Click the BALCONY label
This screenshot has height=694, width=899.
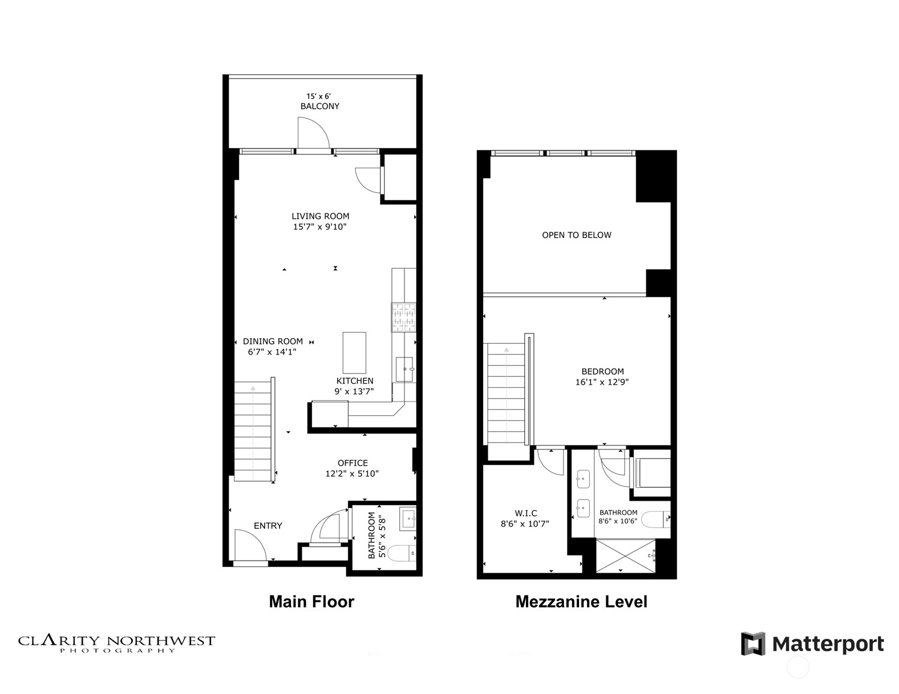319,106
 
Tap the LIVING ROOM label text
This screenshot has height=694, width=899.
320,216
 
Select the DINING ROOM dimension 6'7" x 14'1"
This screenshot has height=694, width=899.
272,352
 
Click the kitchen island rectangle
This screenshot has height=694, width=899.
354,352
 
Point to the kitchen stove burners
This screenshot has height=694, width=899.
403,317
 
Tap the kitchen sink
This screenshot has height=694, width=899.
404,370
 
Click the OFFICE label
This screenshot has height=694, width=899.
353,463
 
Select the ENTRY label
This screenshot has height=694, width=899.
268,526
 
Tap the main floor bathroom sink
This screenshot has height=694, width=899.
408,519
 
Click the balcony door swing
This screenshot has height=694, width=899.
313,133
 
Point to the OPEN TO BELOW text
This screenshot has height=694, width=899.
576,235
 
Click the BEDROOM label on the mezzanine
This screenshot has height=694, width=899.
602,371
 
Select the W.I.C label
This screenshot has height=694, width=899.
525,513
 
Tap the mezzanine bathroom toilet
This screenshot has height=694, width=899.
654,520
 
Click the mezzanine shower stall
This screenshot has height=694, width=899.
626,555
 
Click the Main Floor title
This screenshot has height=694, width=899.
311,602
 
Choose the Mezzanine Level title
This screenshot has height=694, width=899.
581,602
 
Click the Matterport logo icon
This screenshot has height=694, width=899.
752,644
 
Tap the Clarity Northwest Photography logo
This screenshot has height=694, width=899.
117,643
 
